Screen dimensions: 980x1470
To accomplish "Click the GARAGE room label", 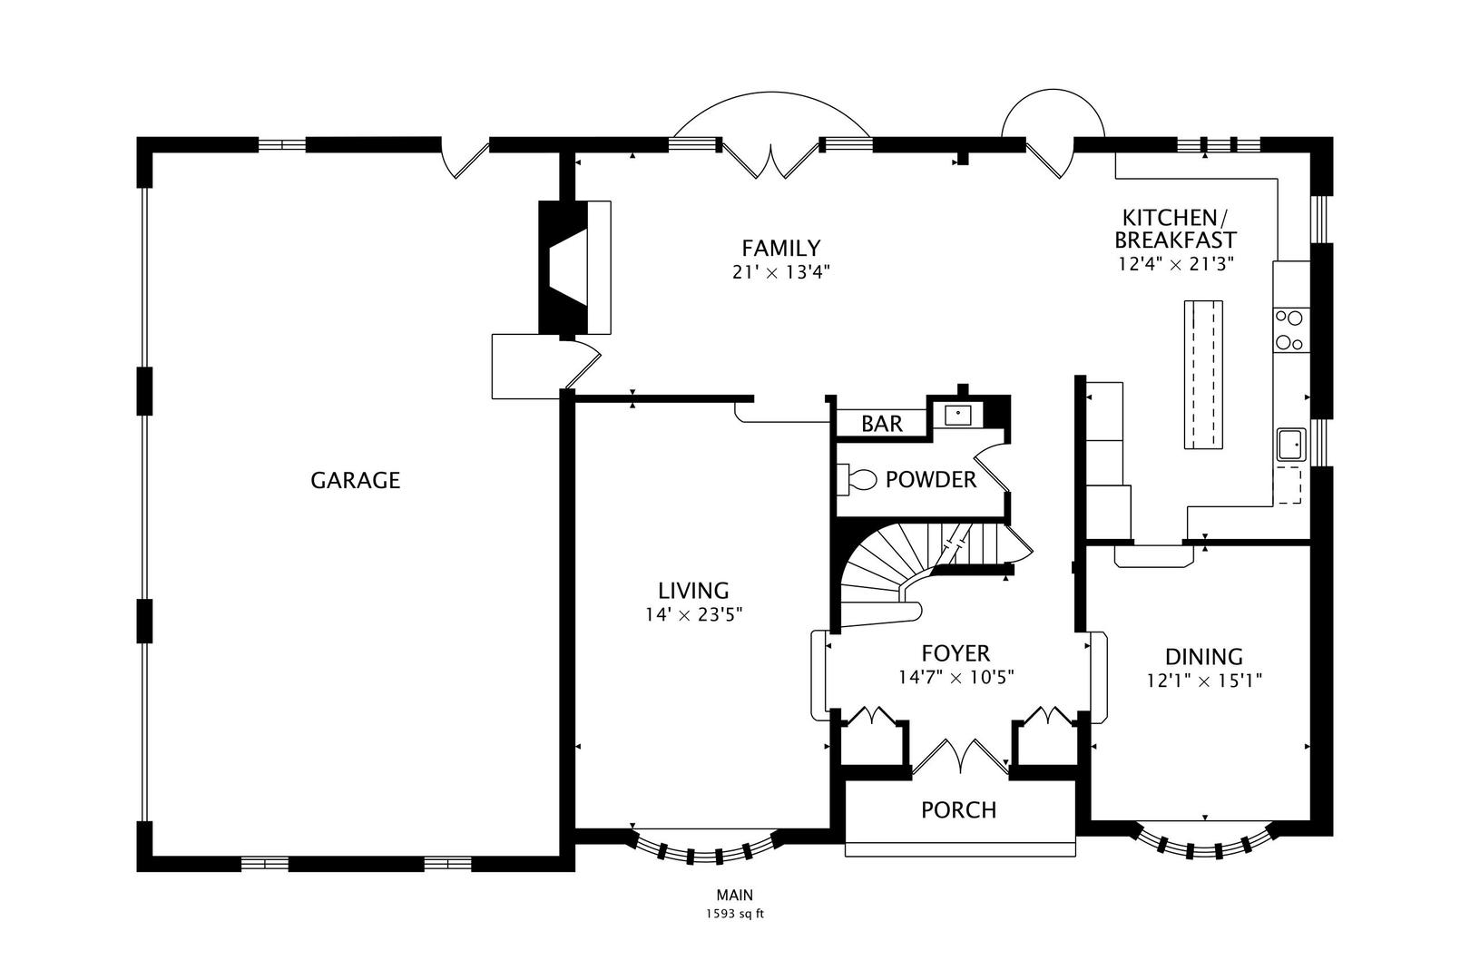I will pyautogui.click(x=355, y=480).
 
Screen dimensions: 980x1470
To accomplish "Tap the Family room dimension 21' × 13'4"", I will pyautogui.click(x=781, y=271).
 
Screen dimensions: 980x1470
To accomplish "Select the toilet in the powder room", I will pyautogui.click(x=857, y=478).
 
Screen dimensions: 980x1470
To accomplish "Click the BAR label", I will pyautogui.click(x=882, y=424).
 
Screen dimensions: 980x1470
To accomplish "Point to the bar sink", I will pyautogui.click(x=958, y=415).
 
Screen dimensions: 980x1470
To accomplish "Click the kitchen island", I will pyautogui.click(x=1203, y=373).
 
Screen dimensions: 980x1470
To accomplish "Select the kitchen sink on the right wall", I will pyautogui.click(x=1291, y=445).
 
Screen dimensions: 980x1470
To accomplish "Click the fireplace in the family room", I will pyautogui.click(x=564, y=268).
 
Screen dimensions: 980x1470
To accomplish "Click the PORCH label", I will pyautogui.click(x=958, y=809).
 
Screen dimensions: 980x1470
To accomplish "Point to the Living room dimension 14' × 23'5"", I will pyautogui.click(x=694, y=614).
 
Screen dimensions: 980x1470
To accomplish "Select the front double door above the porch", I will pyautogui.click(x=960, y=757).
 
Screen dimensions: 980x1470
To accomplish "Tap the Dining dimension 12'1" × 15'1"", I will pyautogui.click(x=1204, y=680).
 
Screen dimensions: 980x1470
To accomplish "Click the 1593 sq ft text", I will pyautogui.click(x=734, y=914).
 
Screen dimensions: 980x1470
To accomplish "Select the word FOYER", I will pyautogui.click(x=955, y=653).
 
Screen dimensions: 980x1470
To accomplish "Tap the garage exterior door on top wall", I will pyautogui.click(x=463, y=158).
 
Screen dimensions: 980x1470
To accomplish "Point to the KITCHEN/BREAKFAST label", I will pyautogui.click(x=1175, y=229).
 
